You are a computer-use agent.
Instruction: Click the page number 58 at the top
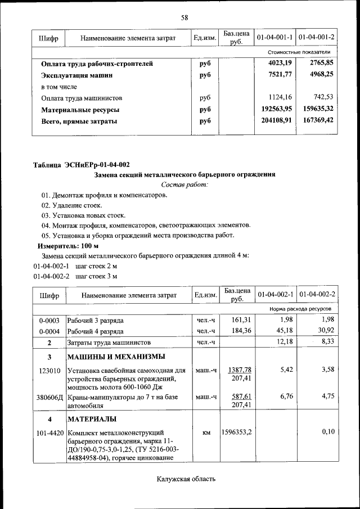[x=184, y=17]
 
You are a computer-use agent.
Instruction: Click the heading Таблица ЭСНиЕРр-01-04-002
[x=81, y=165]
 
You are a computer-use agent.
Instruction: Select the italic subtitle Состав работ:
[x=184, y=184]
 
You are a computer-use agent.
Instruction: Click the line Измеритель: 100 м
[x=67, y=246]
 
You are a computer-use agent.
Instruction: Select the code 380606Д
[x=49, y=397]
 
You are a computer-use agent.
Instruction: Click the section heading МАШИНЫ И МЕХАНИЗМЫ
[x=116, y=357]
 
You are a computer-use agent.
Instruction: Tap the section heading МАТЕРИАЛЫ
[x=92, y=419]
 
